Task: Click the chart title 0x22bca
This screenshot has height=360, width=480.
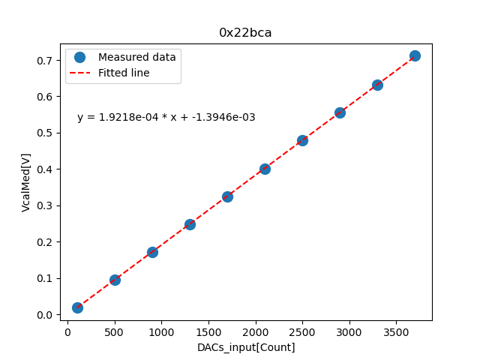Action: (245, 33)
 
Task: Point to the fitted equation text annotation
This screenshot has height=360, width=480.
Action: (166, 117)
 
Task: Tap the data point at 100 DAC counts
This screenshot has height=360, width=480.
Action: (77, 307)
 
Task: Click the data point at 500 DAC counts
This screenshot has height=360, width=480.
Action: (115, 280)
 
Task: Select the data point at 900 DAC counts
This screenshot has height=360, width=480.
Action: (152, 252)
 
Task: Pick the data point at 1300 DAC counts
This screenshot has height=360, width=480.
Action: (190, 224)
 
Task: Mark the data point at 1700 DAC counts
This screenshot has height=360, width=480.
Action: (227, 196)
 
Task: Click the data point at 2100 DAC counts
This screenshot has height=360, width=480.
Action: (265, 169)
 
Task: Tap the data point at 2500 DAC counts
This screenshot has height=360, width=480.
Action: (302, 140)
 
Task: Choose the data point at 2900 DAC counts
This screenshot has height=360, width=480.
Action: (340, 112)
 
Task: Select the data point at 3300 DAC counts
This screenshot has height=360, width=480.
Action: (377, 85)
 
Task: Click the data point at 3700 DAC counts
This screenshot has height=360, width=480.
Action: (415, 55)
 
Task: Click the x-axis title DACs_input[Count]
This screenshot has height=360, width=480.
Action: (246, 347)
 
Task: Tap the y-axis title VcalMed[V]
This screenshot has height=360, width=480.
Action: (26, 182)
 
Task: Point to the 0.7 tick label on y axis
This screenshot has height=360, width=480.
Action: (46, 60)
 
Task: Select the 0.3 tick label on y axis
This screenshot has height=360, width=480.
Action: (46, 205)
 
